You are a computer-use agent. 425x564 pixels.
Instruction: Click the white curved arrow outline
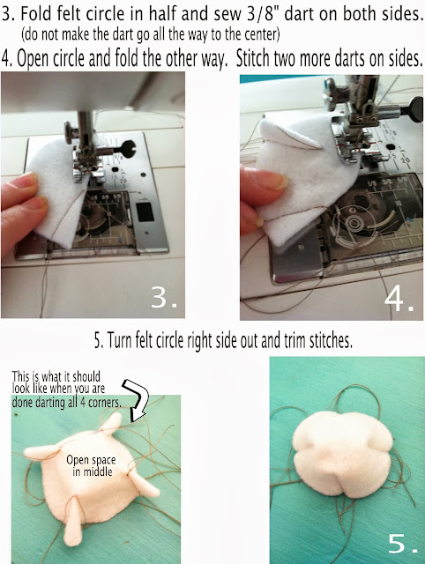[137, 399]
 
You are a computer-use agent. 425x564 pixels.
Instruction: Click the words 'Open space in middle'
[92, 465]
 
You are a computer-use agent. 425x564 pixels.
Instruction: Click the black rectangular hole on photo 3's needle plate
[145, 211]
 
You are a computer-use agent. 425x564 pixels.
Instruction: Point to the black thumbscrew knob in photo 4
[415, 107]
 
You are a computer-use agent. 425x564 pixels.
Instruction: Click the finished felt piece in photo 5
[343, 455]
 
